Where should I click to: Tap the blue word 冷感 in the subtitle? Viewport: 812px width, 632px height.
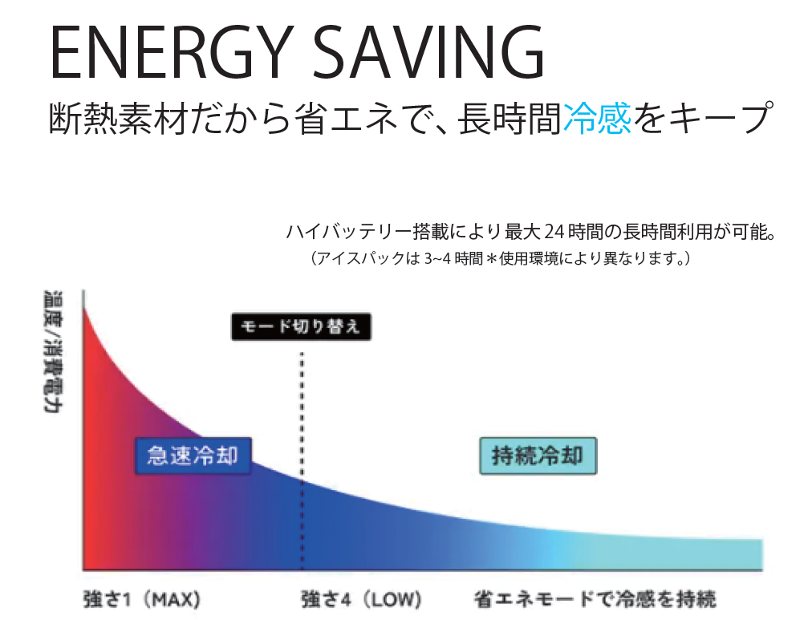pyautogui.click(x=597, y=119)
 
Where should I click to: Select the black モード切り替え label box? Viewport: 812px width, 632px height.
pyautogui.click(x=301, y=326)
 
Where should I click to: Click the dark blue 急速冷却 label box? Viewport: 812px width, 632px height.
pyautogui.click(x=193, y=456)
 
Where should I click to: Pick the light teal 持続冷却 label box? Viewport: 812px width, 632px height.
pyautogui.click(x=538, y=456)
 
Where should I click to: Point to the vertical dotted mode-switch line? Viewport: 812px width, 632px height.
pyautogui.click(x=302, y=460)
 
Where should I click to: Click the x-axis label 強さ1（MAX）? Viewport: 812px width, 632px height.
pyautogui.click(x=141, y=600)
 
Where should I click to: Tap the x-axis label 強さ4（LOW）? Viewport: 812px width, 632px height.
pyautogui.click(x=361, y=600)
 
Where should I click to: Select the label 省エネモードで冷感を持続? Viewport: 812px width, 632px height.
pyautogui.click(x=595, y=599)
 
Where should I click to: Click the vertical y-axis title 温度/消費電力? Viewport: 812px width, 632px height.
pyautogui.click(x=52, y=351)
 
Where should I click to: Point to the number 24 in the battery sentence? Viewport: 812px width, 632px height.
pyautogui.click(x=554, y=233)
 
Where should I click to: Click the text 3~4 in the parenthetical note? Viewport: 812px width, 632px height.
pyautogui.click(x=437, y=257)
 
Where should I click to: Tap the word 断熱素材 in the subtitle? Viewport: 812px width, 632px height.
pyautogui.click(x=118, y=119)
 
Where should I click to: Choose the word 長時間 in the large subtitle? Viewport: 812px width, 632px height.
pyautogui.click(x=510, y=119)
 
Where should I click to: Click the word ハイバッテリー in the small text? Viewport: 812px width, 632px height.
pyautogui.click(x=349, y=233)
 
